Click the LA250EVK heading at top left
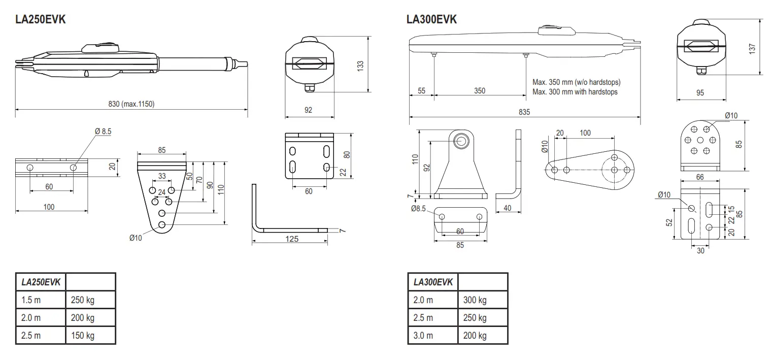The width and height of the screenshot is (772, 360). point(41,20)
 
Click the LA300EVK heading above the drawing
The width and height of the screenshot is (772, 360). point(432,20)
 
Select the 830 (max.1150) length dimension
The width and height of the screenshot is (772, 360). point(131,104)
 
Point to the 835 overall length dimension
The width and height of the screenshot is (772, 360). point(524,112)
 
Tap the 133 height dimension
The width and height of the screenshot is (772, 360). point(360,66)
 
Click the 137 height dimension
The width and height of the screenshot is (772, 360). point(753,48)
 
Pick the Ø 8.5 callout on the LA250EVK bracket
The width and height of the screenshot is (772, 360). point(103,131)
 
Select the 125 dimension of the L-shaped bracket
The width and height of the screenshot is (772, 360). point(291,239)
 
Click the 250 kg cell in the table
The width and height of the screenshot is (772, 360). point(83,300)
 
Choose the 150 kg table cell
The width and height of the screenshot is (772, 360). point(83,336)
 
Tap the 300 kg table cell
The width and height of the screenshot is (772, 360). point(475,300)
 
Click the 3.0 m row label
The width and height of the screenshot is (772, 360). point(423,336)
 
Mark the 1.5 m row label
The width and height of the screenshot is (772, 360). point(31,300)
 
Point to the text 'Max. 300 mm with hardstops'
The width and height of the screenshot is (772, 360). point(575,92)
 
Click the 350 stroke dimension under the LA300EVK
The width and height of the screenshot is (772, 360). point(479,91)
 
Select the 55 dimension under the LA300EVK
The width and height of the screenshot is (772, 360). point(421,91)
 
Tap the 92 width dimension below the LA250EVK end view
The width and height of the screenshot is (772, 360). point(309,110)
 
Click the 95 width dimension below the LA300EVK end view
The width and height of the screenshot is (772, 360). point(700,93)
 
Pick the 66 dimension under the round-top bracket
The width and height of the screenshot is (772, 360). point(700,177)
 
